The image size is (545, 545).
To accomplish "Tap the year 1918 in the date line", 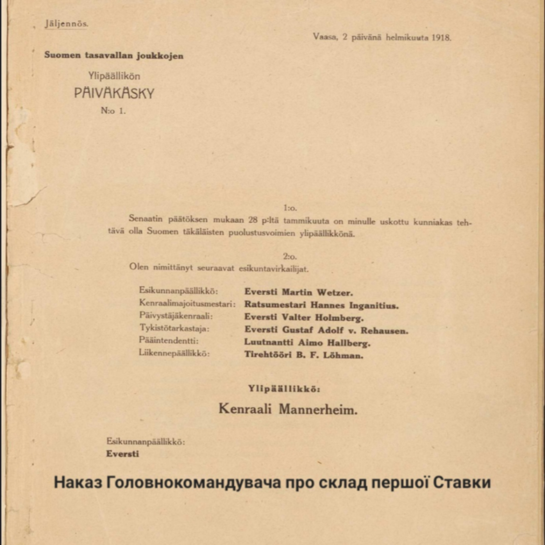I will tap(441, 38).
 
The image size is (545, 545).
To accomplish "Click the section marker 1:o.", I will tap(290, 208).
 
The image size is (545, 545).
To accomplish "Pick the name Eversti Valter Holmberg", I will tap(304, 317).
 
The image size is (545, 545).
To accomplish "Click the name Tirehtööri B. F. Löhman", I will tap(304, 355).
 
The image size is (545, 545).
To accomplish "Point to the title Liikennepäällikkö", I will tap(174, 353).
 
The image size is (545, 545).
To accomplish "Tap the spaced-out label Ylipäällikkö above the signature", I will tap(284, 389).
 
